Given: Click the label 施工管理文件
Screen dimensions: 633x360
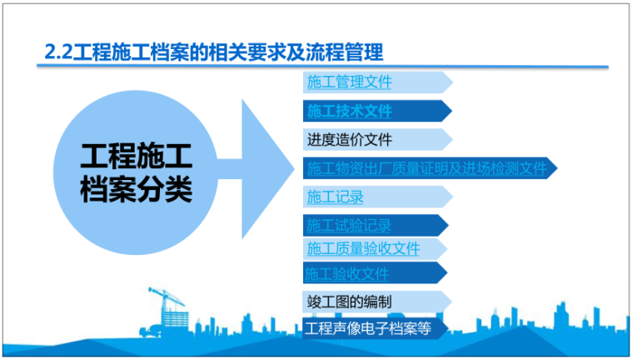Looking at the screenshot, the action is [348, 82].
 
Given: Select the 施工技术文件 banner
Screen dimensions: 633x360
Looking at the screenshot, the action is [348, 110].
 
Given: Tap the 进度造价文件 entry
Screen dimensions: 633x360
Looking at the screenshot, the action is [348, 139].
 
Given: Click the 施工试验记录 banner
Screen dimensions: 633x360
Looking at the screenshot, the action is [348, 225].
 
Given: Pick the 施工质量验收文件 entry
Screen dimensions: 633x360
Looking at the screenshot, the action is [363, 248].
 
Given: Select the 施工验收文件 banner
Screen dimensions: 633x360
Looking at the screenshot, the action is [348, 272].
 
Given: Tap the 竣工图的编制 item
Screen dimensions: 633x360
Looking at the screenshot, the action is [348, 302].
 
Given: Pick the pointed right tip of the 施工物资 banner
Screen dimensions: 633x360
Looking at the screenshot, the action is [554, 167].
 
